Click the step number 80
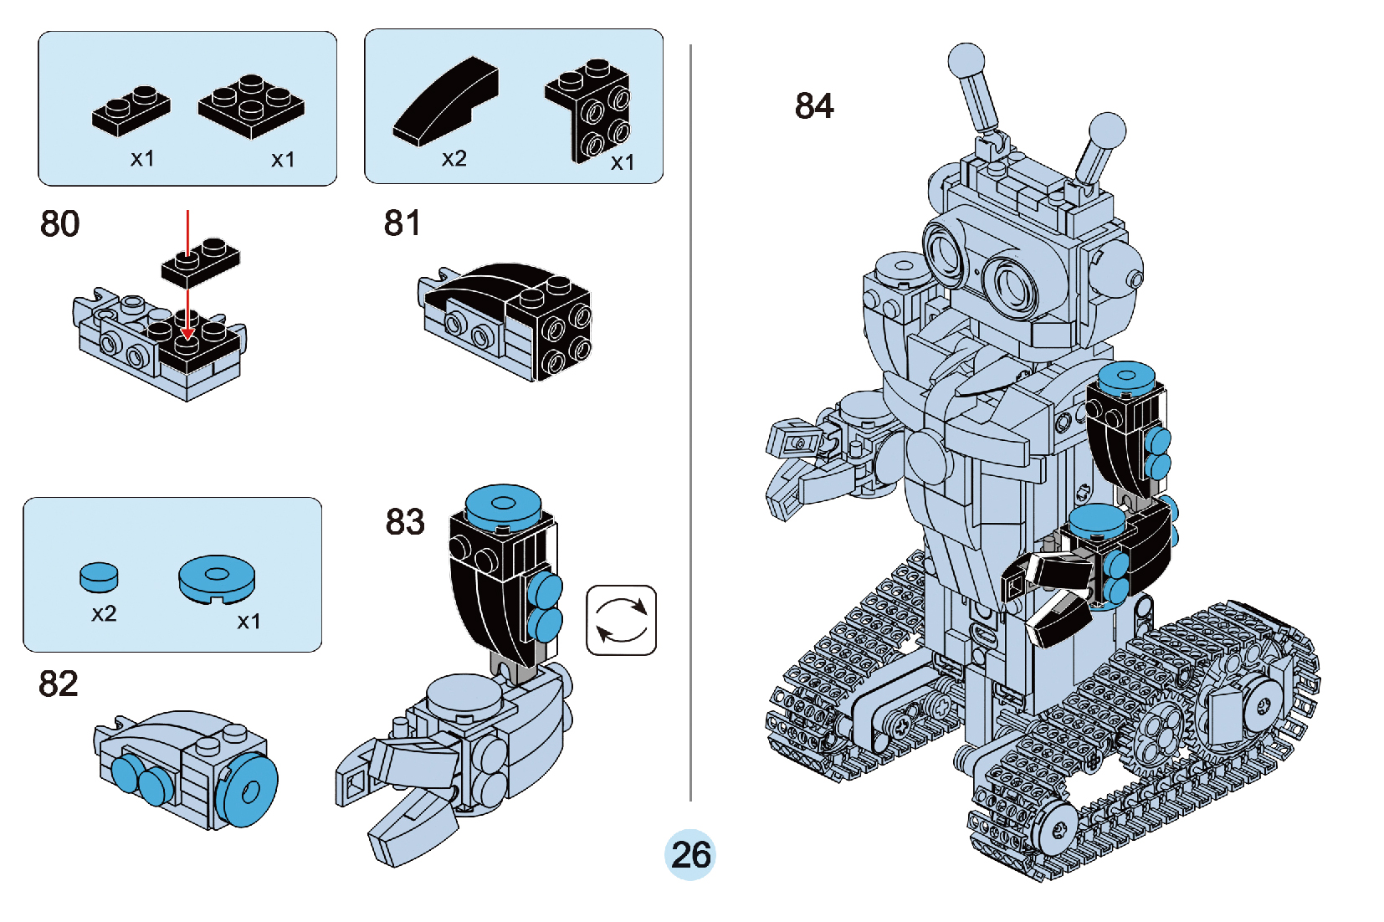coord(59,224)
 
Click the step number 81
coord(402,223)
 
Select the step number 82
coord(59,684)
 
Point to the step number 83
coord(405,522)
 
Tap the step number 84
coord(814,106)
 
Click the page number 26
coord(690,854)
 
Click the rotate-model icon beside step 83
coord(621,620)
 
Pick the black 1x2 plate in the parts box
coord(131,110)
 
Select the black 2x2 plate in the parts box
coord(251,105)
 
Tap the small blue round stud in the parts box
coord(99,576)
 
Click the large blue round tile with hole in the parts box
coord(217,578)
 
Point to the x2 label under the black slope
coord(454,159)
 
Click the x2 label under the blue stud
coord(104,614)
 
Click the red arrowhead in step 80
coord(188,333)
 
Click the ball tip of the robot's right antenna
coord(1106,131)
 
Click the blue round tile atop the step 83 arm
coord(503,504)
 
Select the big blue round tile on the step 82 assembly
coord(249,790)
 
